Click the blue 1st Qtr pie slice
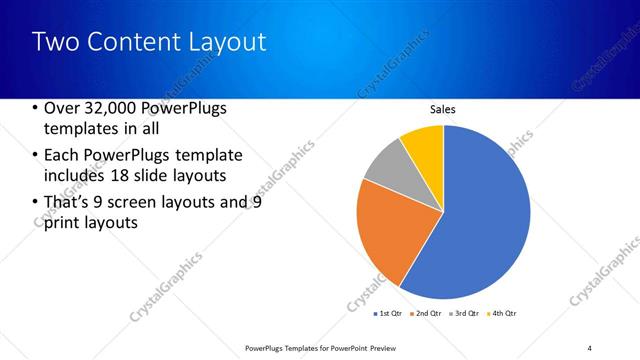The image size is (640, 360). [470, 220]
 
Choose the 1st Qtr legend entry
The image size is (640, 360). [389, 314]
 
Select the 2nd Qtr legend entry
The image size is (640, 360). [427, 314]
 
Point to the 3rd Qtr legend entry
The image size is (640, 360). [465, 314]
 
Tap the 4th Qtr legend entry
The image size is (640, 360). [502, 314]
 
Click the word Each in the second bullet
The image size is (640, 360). [62, 155]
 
